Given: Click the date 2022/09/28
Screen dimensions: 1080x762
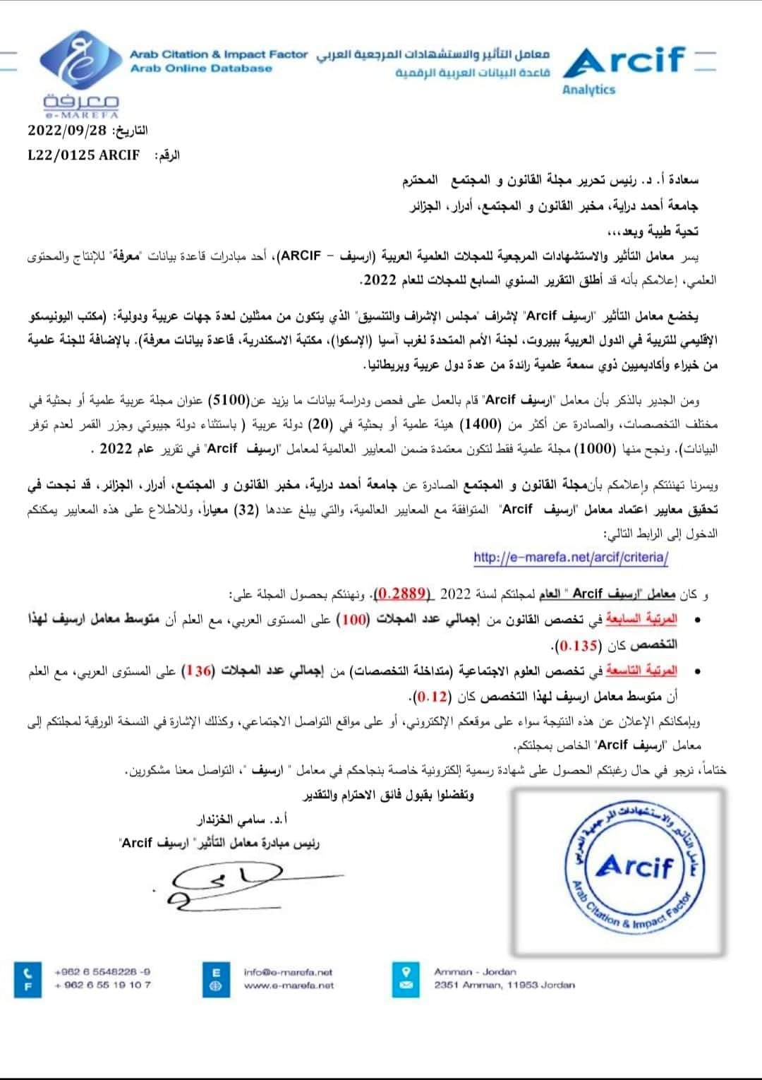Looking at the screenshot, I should [x=68, y=131].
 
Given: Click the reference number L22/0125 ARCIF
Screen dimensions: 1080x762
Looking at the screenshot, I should [x=83, y=155].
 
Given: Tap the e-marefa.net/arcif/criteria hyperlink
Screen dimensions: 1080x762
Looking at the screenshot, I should [x=570, y=557].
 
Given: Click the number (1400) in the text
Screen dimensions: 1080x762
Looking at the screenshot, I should [x=480, y=425].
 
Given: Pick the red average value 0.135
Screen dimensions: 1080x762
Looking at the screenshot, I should [x=577, y=645].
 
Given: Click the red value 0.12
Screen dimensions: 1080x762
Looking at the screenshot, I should [x=431, y=697].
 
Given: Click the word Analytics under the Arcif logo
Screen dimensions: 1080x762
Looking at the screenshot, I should [x=588, y=90].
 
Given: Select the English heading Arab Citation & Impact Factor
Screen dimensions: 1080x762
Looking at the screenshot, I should [x=219, y=54].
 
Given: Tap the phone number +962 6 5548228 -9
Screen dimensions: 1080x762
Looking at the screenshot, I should [x=102, y=971].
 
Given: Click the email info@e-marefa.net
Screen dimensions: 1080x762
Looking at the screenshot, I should [x=288, y=971].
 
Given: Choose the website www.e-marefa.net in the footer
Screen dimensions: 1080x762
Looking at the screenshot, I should [x=289, y=985].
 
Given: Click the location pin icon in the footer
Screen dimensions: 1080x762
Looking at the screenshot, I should [x=406, y=971].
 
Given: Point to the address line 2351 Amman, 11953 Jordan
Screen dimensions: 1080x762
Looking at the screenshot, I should [x=504, y=985].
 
